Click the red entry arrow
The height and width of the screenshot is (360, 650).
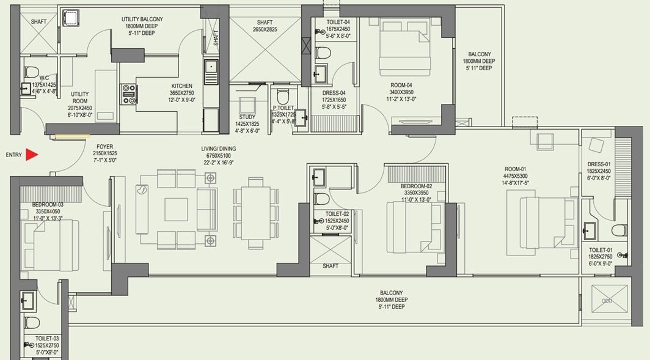[31, 155]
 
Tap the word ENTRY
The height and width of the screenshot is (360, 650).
[13, 155]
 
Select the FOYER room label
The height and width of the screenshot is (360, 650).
[104, 147]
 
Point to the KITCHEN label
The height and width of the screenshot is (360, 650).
[181, 86]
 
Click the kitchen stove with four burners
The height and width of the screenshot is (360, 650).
[128, 94]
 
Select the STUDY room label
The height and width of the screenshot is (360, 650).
[247, 117]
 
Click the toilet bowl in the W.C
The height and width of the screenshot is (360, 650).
[31, 73]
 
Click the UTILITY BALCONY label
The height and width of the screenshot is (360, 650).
[142, 19]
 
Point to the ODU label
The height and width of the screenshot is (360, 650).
[607, 301]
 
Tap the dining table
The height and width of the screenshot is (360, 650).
[255, 213]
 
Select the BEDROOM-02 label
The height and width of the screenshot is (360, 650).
[416, 186]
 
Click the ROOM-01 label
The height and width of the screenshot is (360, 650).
[515, 169]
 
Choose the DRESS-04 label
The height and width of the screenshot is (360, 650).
[334, 94]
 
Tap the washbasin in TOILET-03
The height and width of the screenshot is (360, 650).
[27, 300]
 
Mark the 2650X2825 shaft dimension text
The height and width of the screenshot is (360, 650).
[265, 29]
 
